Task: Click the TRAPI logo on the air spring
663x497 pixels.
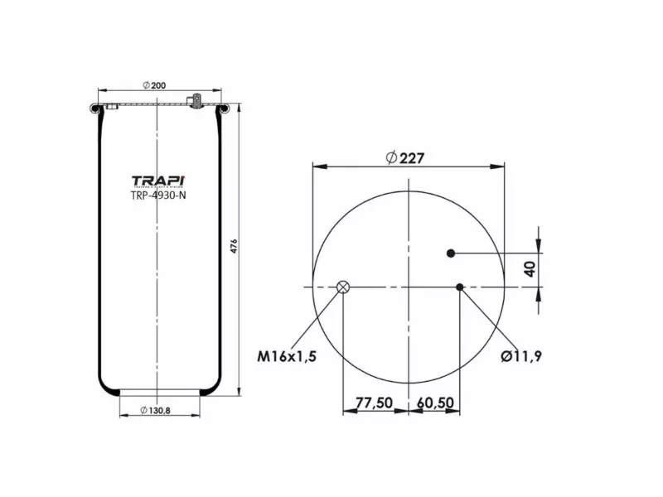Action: click(158, 181)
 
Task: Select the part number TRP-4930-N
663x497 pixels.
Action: click(158, 196)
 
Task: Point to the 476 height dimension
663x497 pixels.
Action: click(234, 246)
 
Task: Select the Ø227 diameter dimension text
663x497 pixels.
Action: click(408, 158)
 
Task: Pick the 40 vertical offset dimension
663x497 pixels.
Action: click(529, 268)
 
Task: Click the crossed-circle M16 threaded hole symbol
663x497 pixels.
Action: click(343, 287)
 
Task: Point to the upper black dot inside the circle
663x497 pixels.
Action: click(452, 253)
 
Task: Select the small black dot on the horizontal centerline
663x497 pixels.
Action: click(460, 287)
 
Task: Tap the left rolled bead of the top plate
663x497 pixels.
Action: click(96, 107)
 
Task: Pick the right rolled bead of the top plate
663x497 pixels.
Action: click(222, 107)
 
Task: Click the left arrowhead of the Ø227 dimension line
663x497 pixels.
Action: click(317, 166)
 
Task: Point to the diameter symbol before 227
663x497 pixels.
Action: click(390, 158)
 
